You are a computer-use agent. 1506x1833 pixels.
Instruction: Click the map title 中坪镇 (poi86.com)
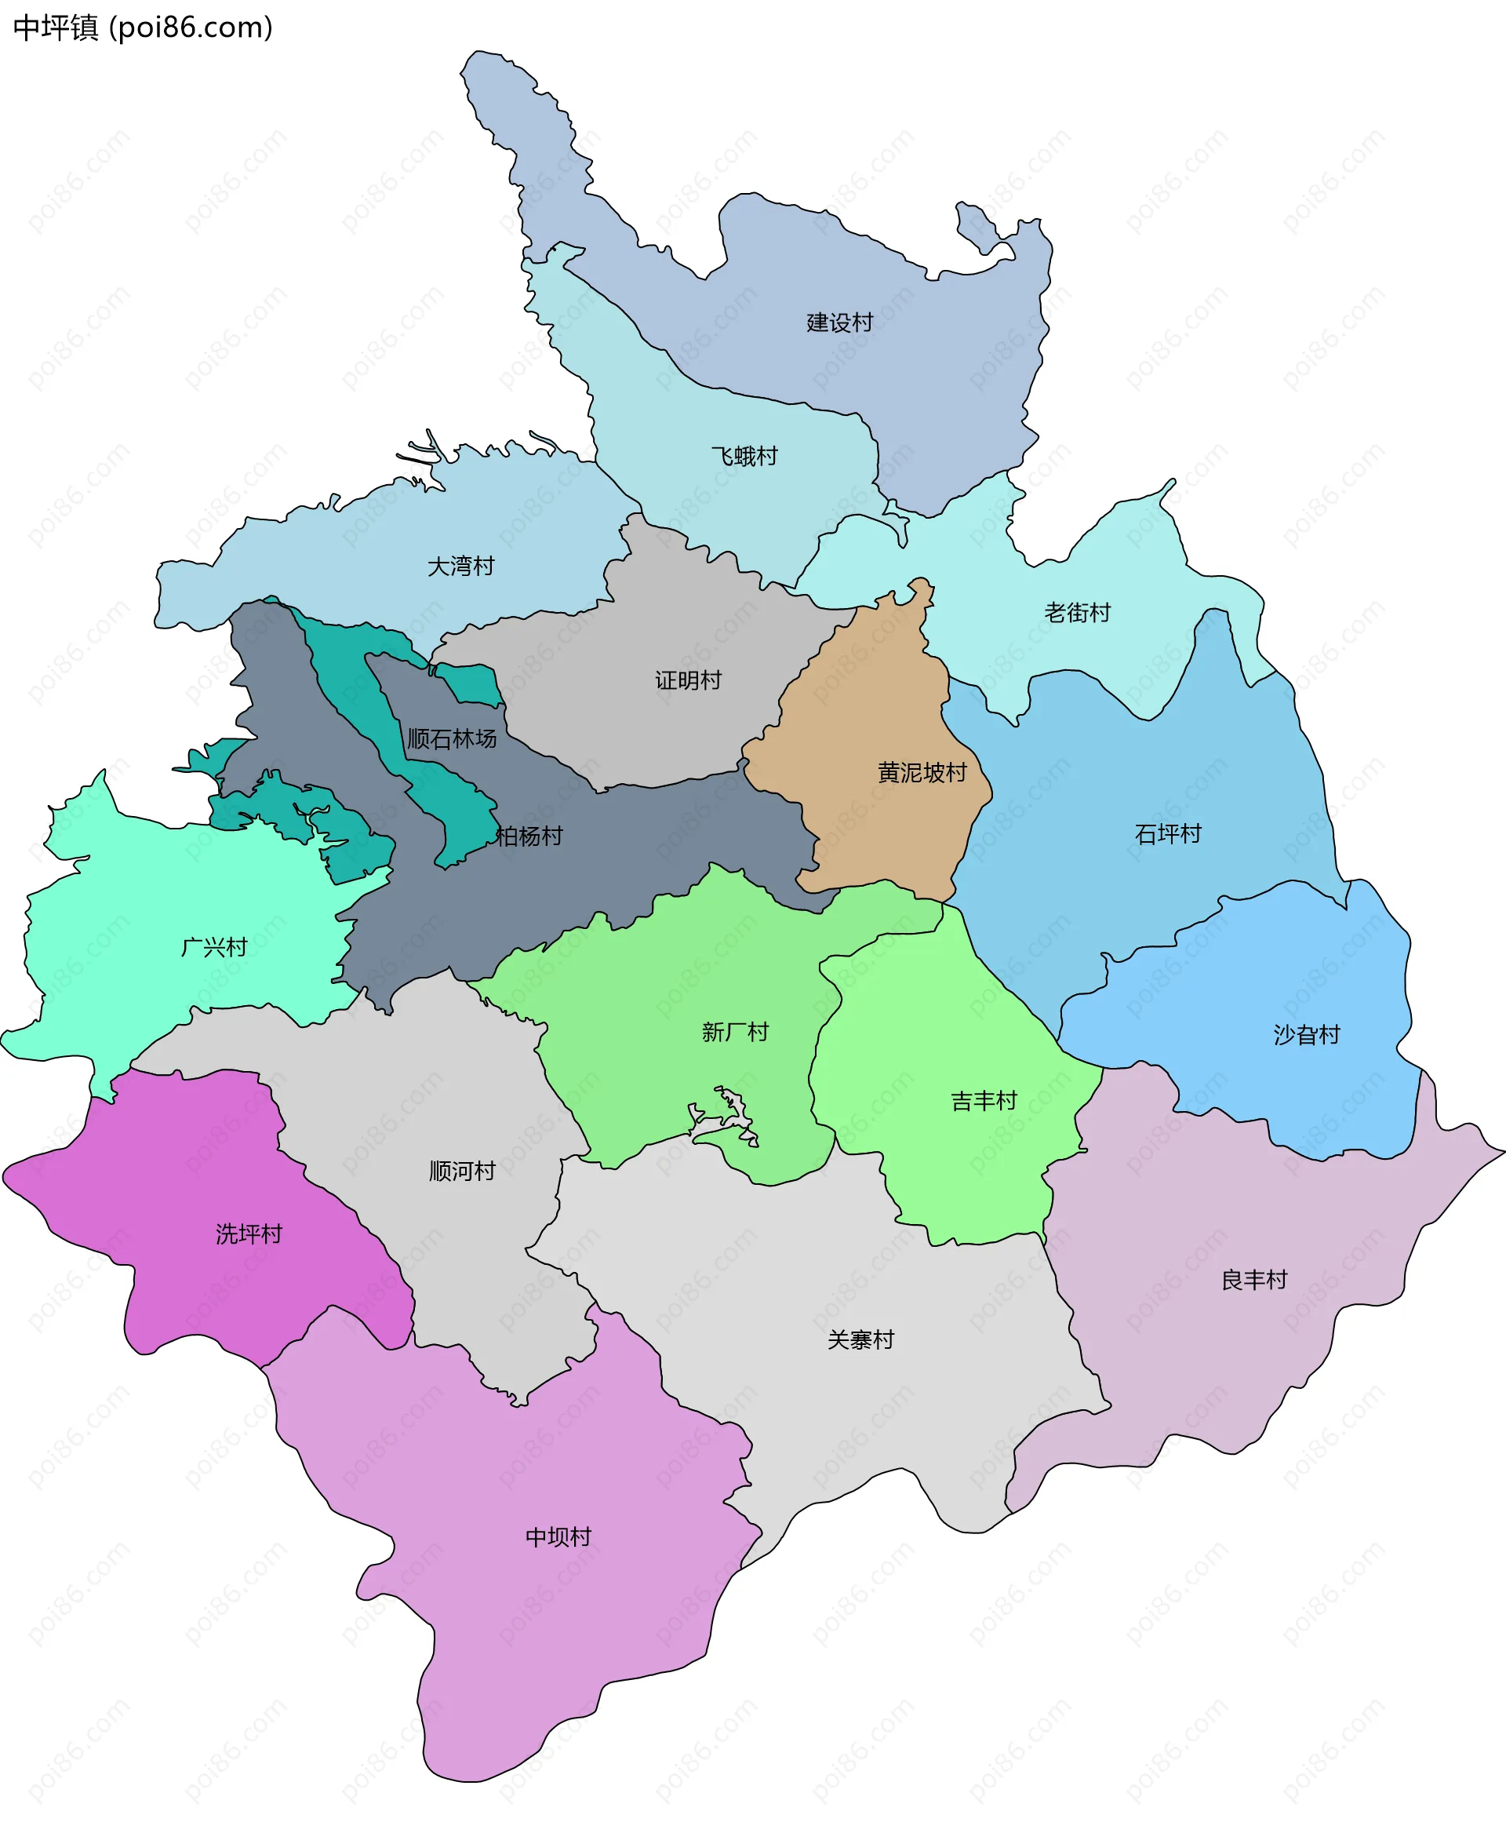tap(143, 27)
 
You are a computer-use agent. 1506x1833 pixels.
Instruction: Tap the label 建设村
tap(838, 323)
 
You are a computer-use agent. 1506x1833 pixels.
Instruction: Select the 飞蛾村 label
tap(744, 456)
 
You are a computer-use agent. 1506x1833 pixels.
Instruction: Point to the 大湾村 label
tap(460, 566)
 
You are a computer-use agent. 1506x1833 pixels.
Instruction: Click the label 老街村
tap(1077, 613)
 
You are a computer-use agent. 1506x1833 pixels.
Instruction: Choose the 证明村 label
tap(688, 680)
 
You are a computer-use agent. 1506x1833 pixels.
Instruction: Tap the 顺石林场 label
tap(452, 738)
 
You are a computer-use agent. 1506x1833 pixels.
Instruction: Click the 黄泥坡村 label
tap(922, 771)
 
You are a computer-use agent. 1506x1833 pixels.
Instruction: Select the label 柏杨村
tap(529, 836)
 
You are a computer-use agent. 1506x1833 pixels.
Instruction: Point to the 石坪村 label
tap(1168, 834)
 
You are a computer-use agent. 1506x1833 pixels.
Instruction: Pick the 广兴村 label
tap(214, 947)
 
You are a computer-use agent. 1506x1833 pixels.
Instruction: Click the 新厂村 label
tap(735, 1032)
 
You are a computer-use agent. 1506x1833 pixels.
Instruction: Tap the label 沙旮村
tap(1307, 1034)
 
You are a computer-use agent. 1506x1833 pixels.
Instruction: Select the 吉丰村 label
tap(984, 1100)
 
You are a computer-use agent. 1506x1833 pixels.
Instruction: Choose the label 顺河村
tap(462, 1171)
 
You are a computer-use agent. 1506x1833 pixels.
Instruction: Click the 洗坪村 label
tap(249, 1234)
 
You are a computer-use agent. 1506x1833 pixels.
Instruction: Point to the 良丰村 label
tap(1253, 1279)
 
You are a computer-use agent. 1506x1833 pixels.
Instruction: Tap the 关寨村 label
tap(860, 1339)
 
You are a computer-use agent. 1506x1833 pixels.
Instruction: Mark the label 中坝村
tap(558, 1537)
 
